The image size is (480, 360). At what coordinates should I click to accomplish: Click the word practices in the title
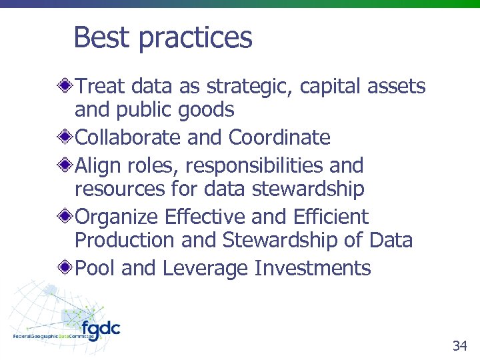(195, 38)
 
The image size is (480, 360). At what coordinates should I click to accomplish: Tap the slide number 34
(459, 345)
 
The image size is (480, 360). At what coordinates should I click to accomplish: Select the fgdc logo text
(101, 329)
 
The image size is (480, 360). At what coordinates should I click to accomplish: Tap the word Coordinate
(279, 137)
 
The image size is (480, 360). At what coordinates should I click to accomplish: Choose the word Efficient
(330, 216)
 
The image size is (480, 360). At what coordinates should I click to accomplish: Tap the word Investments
(313, 268)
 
